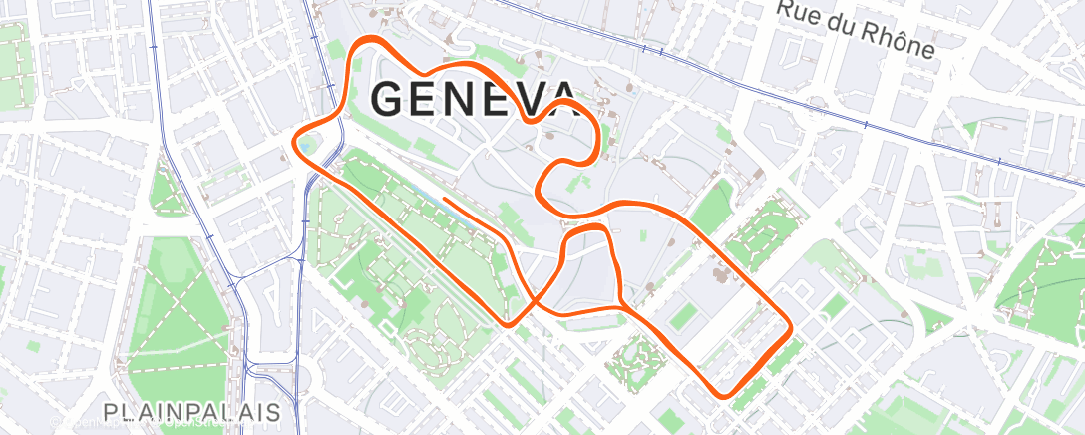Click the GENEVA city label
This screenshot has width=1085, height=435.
point(474,98)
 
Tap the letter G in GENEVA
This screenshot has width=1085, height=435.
point(389,98)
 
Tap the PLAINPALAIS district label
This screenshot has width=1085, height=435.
point(190,411)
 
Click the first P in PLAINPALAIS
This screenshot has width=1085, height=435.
point(110,411)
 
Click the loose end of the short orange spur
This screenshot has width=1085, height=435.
point(445,200)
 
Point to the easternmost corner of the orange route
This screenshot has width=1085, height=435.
point(790,326)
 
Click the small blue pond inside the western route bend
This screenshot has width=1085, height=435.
point(311,146)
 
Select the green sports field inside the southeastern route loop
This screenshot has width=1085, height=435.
point(685,318)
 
